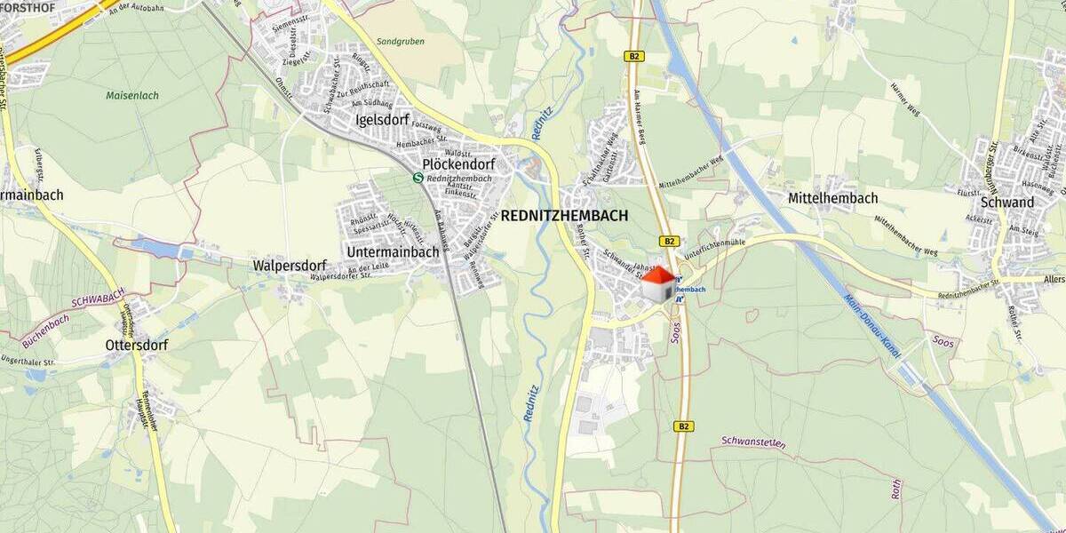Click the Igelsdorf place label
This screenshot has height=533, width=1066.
(x=380, y=120)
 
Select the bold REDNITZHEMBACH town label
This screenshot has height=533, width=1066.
(x=564, y=216)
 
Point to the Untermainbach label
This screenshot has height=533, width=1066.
(x=393, y=252)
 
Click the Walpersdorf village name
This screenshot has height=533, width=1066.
(x=290, y=266)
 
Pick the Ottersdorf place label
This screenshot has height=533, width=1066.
(x=137, y=345)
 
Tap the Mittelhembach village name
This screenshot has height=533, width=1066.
(x=832, y=198)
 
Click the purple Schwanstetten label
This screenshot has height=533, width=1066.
(x=753, y=441)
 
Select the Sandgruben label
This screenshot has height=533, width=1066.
(x=400, y=42)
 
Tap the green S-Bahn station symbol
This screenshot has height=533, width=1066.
(x=418, y=177)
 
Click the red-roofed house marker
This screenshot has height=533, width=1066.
(x=659, y=285)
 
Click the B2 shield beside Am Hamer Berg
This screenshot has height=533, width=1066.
(x=634, y=57)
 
